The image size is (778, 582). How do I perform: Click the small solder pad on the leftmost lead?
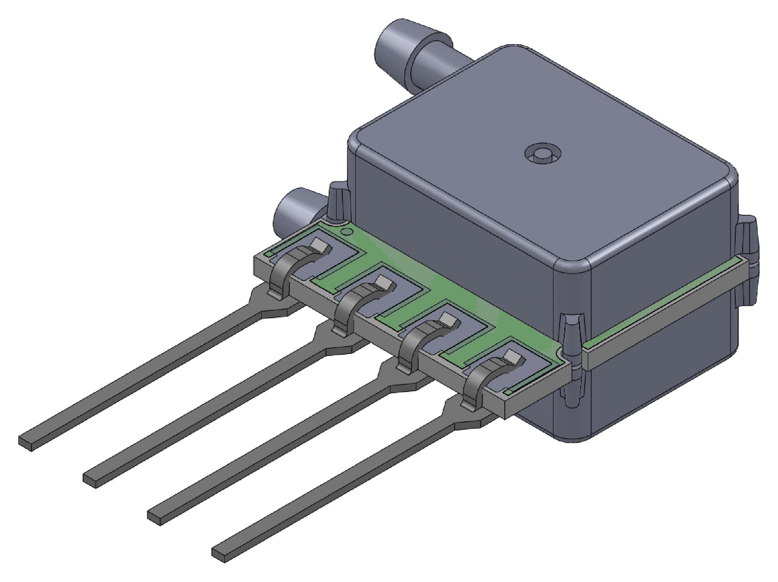[320, 245]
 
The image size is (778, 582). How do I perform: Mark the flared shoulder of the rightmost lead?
[467, 422]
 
